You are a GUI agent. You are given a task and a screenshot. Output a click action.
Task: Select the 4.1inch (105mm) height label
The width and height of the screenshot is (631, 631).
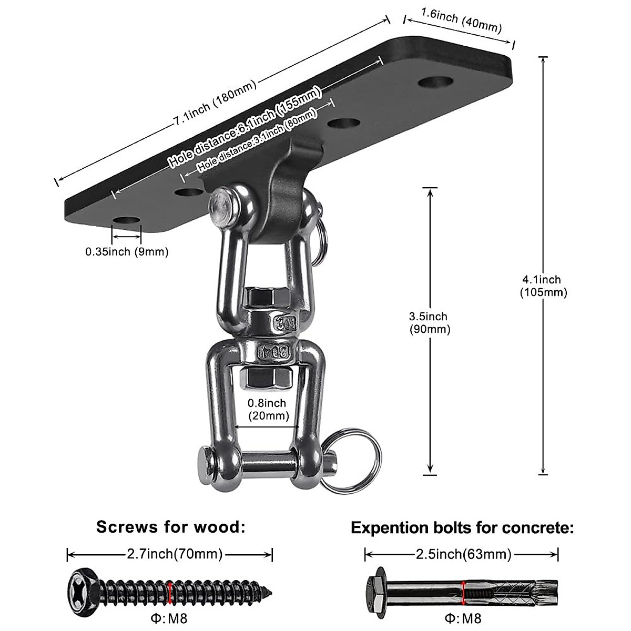click(x=543, y=286)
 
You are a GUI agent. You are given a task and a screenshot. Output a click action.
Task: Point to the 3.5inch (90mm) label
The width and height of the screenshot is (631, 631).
click(x=430, y=322)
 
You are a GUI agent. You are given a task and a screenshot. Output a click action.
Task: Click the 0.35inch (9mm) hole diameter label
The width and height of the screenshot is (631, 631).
click(x=127, y=252)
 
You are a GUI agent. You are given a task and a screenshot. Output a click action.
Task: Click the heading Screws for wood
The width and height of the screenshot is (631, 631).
click(x=171, y=527)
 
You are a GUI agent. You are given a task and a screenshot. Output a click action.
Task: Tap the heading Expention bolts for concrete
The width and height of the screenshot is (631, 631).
click(x=462, y=527)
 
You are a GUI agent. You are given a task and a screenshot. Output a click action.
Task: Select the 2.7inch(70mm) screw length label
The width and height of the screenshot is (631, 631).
click(x=175, y=554)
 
